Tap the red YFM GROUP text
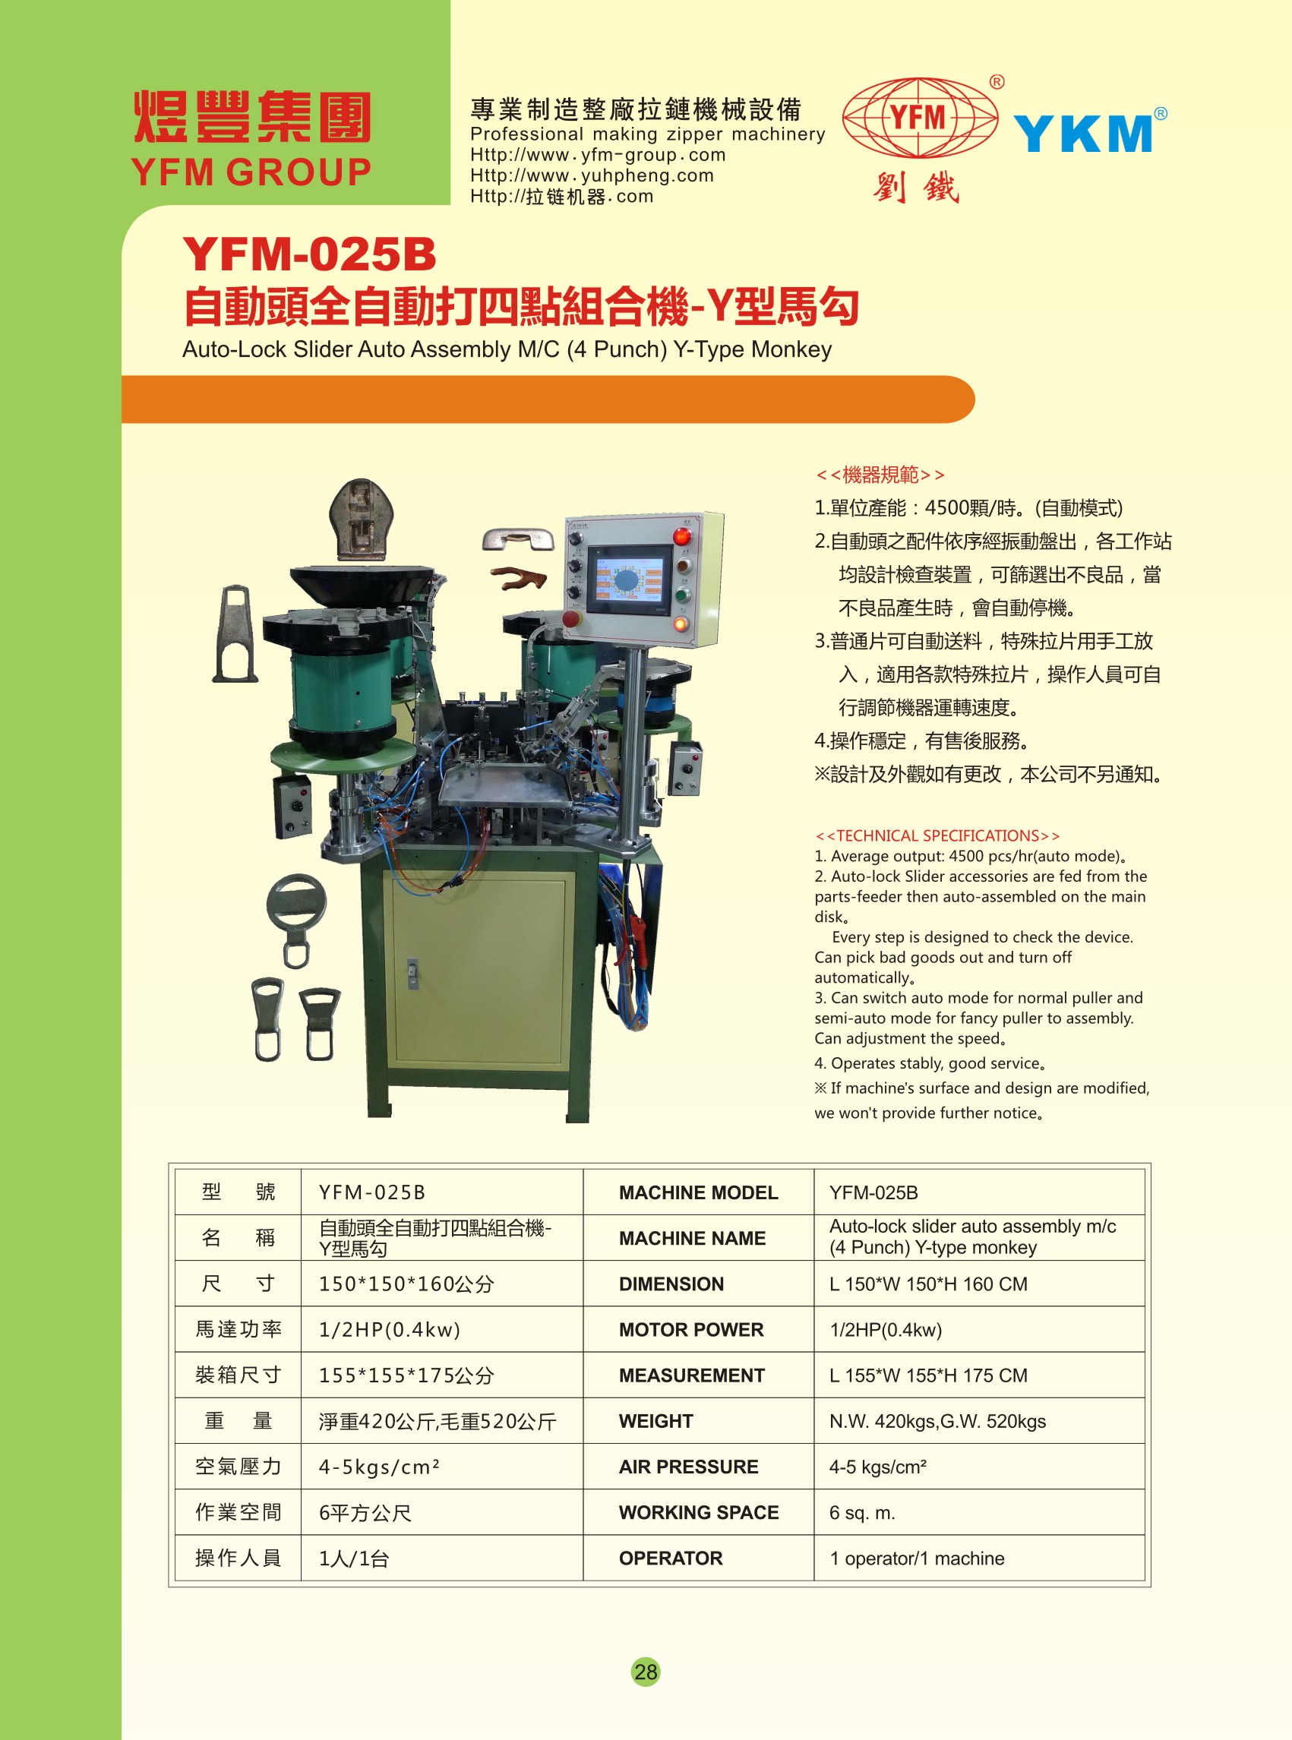tap(251, 172)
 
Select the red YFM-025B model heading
tap(309, 254)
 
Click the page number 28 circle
tap(645, 1671)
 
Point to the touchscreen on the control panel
tap(629, 579)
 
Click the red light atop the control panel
tap(682, 535)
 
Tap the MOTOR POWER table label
tap(690, 1329)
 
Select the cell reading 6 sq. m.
tap(862, 1512)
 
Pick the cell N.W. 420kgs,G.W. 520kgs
tap(937, 1421)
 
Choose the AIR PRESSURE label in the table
tap(688, 1467)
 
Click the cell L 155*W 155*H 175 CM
tap(928, 1375)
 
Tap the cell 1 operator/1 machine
tap(917, 1558)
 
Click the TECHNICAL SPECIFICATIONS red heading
tap(937, 835)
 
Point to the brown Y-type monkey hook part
tap(520, 578)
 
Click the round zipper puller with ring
tap(295, 920)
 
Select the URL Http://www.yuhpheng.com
tap(592, 175)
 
